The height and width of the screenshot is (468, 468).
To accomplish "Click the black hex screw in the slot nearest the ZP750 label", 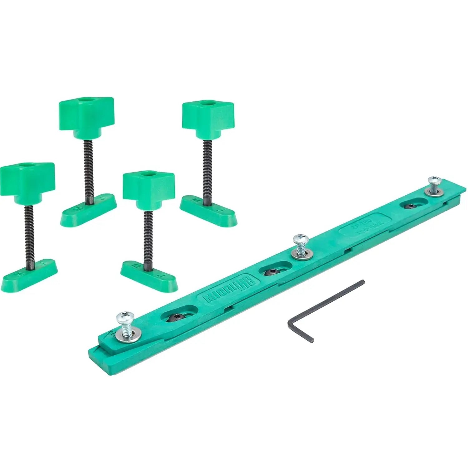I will point(411,206).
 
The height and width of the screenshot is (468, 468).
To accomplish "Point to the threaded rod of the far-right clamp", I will point(206,172).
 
